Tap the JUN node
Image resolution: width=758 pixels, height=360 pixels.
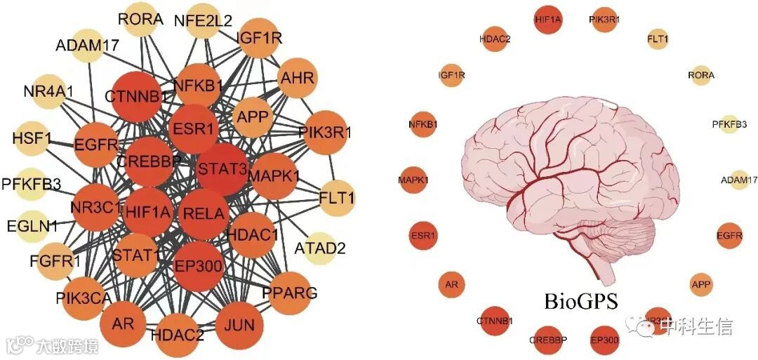pos(239,325)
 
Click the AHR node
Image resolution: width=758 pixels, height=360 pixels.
pos(298,77)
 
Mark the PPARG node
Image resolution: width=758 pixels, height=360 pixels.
pos(290,291)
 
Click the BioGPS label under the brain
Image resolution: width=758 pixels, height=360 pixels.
pos(580,302)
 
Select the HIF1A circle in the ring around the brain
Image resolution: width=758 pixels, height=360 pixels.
pos(548,20)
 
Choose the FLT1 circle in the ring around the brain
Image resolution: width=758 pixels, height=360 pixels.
pos(658,39)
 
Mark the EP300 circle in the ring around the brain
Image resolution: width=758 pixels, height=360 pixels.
pos(605,340)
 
